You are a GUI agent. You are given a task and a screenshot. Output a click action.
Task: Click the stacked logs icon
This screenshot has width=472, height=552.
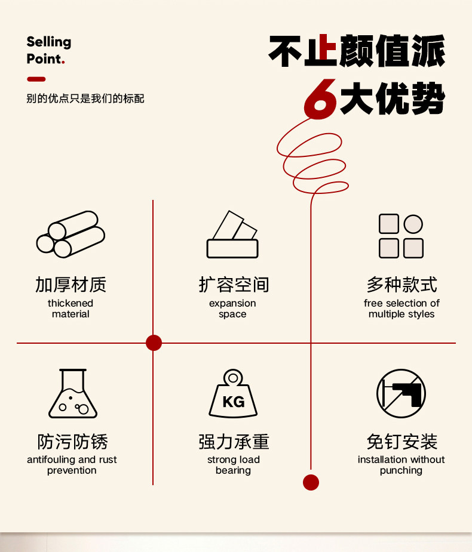click(x=71, y=235)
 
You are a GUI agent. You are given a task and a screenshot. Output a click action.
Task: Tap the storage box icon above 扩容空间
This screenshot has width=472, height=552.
click(x=232, y=235)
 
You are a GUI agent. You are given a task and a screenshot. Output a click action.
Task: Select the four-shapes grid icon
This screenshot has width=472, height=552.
click(x=401, y=236)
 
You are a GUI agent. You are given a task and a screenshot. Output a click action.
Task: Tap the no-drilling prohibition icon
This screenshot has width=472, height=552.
click(x=400, y=393)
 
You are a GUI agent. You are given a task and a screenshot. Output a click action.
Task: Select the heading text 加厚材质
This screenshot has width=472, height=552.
click(x=71, y=285)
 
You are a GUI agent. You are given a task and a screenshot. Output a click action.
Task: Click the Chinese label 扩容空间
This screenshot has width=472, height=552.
click(x=233, y=285)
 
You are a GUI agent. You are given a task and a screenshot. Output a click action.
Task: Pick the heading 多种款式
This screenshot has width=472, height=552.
click(x=401, y=285)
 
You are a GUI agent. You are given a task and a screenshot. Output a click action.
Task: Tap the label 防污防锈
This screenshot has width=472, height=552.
click(x=72, y=442)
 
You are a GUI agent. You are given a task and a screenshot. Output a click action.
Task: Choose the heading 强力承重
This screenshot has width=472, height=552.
click(x=234, y=442)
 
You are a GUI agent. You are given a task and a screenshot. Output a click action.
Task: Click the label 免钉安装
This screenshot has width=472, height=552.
click(x=401, y=442)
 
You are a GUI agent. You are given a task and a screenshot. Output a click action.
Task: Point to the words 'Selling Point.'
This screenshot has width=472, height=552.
click(x=48, y=50)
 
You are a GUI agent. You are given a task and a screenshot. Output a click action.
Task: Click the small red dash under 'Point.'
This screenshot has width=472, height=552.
click(x=36, y=79)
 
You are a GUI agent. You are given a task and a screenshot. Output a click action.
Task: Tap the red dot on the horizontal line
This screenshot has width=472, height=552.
click(x=154, y=343)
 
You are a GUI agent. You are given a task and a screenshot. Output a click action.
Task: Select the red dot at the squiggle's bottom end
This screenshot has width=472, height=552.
click(x=311, y=482)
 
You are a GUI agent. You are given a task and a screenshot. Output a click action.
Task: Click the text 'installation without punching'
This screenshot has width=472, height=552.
click(x=401, y=465)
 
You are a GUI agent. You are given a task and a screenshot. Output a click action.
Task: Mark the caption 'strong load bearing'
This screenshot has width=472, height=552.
click(x=233, y=465)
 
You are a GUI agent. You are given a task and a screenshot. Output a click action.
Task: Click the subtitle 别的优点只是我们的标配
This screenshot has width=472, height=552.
click(x=85, y=98)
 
